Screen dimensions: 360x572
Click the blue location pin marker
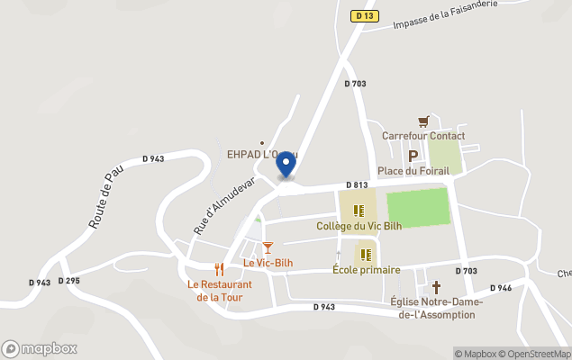coord(286,164)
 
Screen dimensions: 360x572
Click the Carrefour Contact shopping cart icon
coord(423,121)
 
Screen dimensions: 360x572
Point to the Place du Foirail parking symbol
coord(413,156)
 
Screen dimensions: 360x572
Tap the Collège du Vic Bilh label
coord(359,227)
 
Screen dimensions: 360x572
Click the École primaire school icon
coord(366,255)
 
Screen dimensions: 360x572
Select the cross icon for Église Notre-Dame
coord(437,287)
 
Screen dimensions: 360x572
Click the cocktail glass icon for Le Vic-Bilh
coord(268,247)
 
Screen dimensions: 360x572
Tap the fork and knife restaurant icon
coord(219,269)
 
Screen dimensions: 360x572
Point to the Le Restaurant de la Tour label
coord(219,291)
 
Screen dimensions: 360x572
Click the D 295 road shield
coord(69,281)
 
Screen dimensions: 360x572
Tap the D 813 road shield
coord(356,185)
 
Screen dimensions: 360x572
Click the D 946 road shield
coord(500,288)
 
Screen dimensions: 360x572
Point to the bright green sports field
coord(417,207)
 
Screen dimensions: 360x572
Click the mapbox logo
coord(40,348)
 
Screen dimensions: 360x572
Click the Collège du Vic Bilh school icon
coord(359,211)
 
